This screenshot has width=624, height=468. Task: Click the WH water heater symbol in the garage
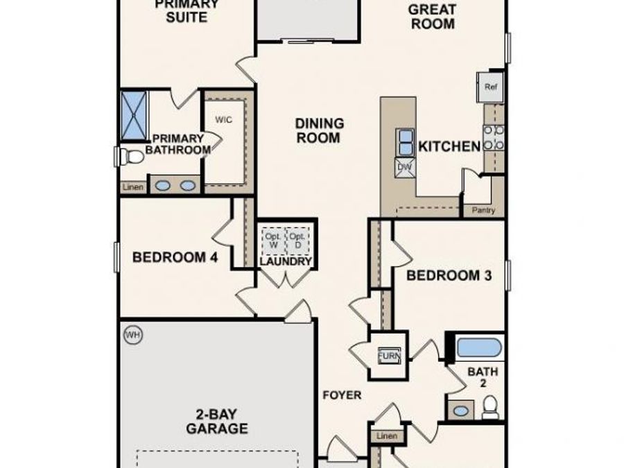pyautogui.click(x=132, y=336)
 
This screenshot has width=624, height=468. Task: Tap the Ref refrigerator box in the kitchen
pyautogui.click(x=491, y=87)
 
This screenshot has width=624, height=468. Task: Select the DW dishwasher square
pyautogui.click(x=404, y=167)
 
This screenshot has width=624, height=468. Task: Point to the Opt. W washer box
pyautogui.click(x=272, y=240)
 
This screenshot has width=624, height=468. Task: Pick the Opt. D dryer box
pyautogui.click(x=297, y=240)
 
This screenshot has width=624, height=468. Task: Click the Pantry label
pyautogui.click(x=483, y=210)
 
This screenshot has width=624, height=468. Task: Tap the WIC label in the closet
pyautogui.click(x=223, y=119)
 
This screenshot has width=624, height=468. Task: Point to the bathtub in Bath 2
pyautogui.click(x=480, y=347)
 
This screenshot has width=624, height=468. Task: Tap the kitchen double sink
pyautogui.click(x=404, y=142)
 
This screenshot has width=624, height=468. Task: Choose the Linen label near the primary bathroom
pyautogui.click(x=132, y=187)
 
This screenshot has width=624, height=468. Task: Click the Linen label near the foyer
pyautogui.click(x=388, y=436)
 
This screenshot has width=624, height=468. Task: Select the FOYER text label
pyautogui.click(x=342, y=395)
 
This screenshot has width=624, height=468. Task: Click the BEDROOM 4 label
pyautogui.click(x=175, y=258)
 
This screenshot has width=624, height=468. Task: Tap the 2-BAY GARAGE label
pyautogui.click(x=216, y=422)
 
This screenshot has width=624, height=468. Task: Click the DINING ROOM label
pyautogui.click(x=319, y=130)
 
